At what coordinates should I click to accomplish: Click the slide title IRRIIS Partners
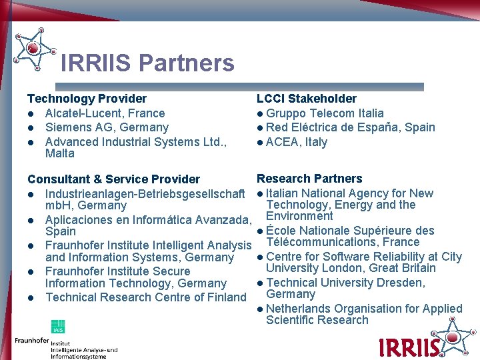click(x=147, y=63)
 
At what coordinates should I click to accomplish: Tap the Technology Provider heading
click(x=87, y=99)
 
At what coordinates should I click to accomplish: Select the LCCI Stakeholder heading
click(x=307, y=99)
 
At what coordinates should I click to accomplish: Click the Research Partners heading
click(x=309, y=179)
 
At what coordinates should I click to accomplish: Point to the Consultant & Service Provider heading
click(x=113, y=179)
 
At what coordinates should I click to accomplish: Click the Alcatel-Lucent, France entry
click(x=105, y=113)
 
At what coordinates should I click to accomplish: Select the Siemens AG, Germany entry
click(x=107, y=127)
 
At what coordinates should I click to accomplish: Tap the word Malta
click(x=59, y=154)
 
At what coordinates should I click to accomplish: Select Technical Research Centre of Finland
click(x=145, y=297)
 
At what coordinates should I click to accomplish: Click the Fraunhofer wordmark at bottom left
click(x=32, y=341)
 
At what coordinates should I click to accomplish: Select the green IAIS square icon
click(x=58, y=327)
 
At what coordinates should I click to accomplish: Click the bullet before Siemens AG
click(x=31, y=127)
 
